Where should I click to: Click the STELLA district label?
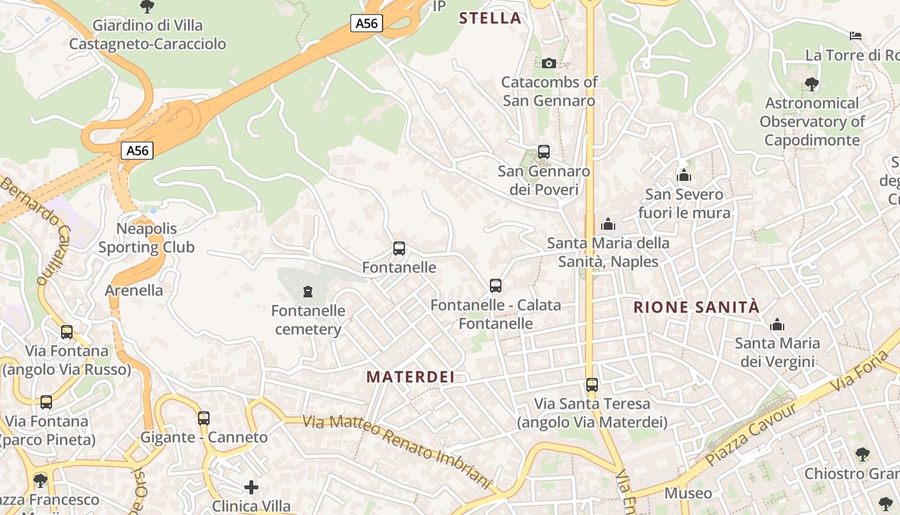pos(490,18)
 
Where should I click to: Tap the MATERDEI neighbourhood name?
pos(411,377)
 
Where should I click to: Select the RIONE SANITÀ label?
pos(696,307)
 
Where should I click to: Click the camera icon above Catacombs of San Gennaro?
pos(548,63)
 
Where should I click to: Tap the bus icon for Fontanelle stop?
pos(399,248)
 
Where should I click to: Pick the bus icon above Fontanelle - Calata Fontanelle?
pos(495,286)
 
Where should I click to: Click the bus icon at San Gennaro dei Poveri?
pos(544,152)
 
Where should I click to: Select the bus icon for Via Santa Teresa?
pos(592,385)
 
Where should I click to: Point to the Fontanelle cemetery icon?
pos(308,292)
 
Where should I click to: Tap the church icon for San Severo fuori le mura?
pos(684,175)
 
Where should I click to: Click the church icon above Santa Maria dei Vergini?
pos(777,324)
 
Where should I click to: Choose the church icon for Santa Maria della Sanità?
pos(607,224)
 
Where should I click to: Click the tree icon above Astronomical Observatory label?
pos(811,84)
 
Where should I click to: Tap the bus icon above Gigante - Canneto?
pos(204,418)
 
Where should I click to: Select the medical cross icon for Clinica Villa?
pos(251,487)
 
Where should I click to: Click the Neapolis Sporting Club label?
pos(147,238)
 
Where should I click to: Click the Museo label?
pos(688,494)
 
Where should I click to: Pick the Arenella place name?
pos(134,290)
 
